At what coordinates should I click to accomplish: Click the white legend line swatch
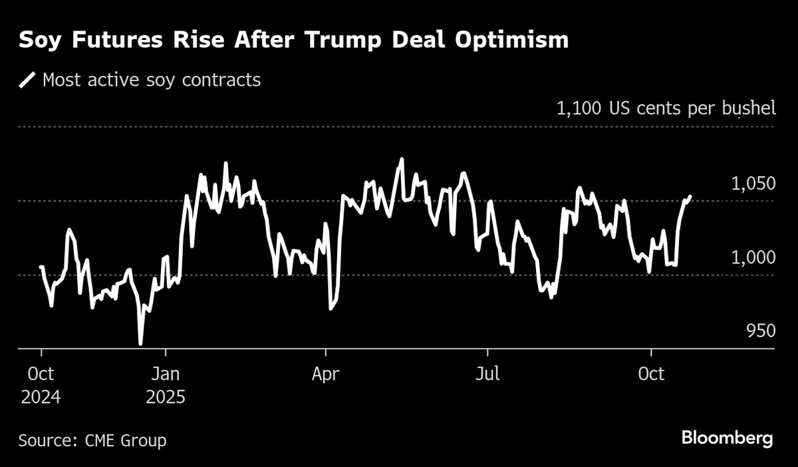pos(27,80)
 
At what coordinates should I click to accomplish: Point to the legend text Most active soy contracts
pos(152,80)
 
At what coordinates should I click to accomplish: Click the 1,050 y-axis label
pos(753,184)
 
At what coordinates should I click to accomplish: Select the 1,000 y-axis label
pos(753,258)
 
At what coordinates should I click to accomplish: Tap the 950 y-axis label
pos(761,331)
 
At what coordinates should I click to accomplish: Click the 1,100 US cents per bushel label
pos(666,108)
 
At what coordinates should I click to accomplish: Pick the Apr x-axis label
pos(325,375)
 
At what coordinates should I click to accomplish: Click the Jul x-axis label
pos(487,375)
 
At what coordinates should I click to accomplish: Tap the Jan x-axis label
pos(166,375)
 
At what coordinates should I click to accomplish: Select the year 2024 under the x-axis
pos(41,397)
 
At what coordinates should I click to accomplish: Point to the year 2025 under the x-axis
pos(166,397)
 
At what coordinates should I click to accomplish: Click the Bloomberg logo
pos(727,438)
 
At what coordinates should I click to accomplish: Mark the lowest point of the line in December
pos(140,343)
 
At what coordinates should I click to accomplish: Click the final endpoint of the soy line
pos(690,197)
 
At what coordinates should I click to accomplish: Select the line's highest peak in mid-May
pos(401,160)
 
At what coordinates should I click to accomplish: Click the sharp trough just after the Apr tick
pos(331,309)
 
